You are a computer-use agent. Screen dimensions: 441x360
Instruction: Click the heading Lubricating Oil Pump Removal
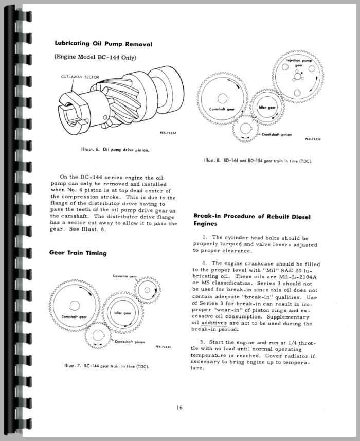[103, 44]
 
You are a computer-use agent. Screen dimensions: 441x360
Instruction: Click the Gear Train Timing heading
[78, 253]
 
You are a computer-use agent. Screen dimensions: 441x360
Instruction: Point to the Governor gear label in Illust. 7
[125, 276]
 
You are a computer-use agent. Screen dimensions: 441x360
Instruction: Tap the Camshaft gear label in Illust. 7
[73, 316]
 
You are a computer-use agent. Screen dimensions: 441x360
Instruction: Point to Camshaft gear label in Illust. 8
[222, 109]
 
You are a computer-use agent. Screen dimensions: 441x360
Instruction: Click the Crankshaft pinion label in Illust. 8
[276, 134]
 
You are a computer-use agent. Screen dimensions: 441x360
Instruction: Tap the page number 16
[178, 408]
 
